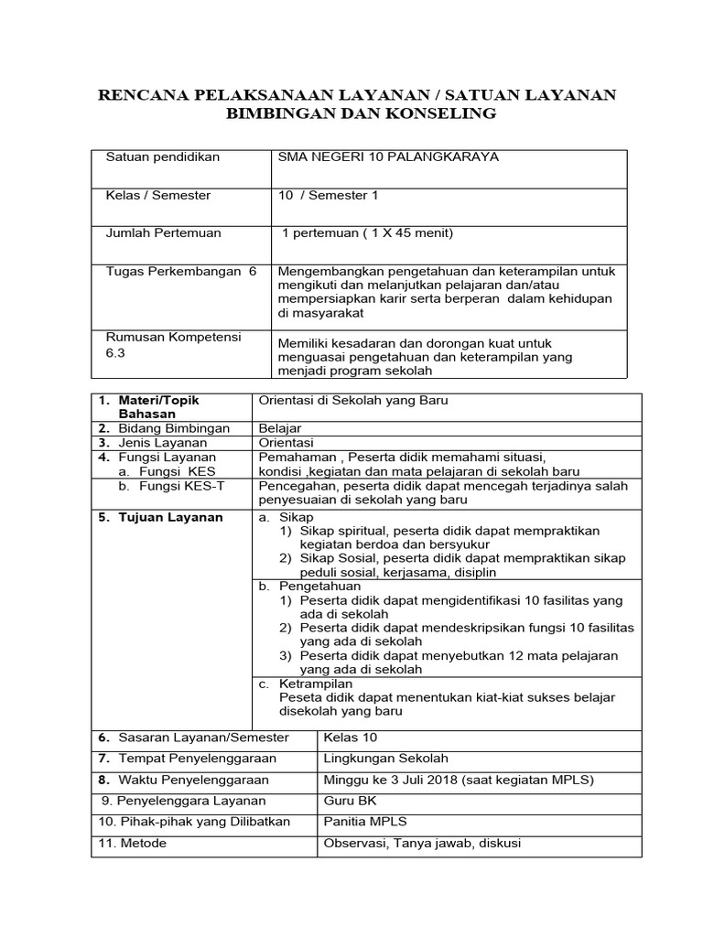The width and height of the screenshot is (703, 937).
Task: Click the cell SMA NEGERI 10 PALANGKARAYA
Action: (388, 157)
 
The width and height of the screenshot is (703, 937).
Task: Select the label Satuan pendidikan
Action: (163, 157)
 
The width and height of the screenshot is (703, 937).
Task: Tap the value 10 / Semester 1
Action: (328, 195)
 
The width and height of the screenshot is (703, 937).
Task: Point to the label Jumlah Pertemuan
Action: (164, 233)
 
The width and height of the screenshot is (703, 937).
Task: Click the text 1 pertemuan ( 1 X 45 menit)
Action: (367, 233)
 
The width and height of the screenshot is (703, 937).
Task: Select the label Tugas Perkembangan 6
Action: (182, 272)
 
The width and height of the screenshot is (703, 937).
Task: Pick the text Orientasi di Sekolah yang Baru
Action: (353, 401)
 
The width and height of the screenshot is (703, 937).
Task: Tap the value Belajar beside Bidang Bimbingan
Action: (280, 428)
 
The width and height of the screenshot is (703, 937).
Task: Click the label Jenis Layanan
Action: (162, 443)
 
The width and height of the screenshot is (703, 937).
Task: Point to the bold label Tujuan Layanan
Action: (169, 517)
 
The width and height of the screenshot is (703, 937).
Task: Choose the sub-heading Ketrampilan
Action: (316, 684)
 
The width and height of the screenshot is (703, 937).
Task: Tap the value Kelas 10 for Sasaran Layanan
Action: (350, 738)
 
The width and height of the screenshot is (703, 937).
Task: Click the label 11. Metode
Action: (132, 843)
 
